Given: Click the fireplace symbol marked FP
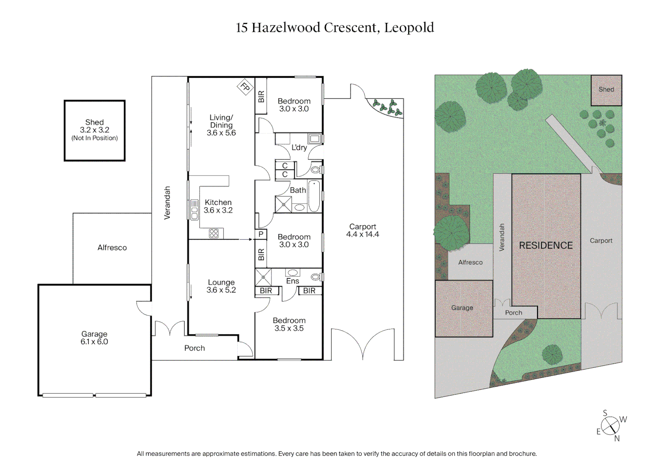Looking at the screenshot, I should click(x=245, y=87).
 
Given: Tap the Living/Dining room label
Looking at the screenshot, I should click(x=221, y=125).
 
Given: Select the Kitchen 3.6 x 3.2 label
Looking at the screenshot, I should click(x=218, y=206).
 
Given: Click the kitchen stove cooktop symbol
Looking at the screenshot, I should click(x=214, y=233).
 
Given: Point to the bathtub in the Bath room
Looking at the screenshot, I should click(x=314, y=196).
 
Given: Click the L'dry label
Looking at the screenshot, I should click(x=299, y=148).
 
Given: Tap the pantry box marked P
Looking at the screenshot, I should click(x=261, y=234).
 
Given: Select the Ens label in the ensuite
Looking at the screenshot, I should click(x=292, y=281).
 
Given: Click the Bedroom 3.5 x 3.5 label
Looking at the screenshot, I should click(x=289, y=325).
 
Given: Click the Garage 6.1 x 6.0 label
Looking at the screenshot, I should click(x=94, y=338).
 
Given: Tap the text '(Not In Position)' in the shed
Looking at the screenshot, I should click(x=95, y=138).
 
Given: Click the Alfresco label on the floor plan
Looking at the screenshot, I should click(x=112, y=247).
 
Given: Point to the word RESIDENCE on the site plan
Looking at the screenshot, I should click(x=546, y=246).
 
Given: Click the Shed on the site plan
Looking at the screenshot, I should click(x=606, y=90).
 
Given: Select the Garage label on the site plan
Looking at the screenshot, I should click(x=462, y=308).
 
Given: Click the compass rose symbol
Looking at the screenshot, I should click(x=610, y=425).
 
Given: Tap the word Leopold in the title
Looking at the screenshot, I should click(x=409, y=28).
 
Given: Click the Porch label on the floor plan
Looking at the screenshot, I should click(x=195, y=348).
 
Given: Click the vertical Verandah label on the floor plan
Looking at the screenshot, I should click(x=167, y=203).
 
